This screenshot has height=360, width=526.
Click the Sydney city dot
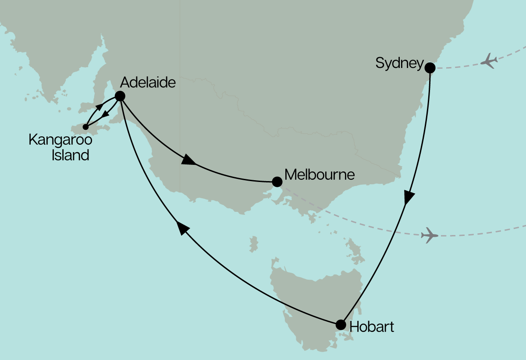coord(430,68)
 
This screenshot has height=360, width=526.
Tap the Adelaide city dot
coord(120,96)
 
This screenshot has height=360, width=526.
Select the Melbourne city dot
coord(277,182)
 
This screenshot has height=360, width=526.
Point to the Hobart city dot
coord(341,325)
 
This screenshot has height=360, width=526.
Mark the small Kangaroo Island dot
coord(85,127)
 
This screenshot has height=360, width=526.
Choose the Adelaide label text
coord(148,82)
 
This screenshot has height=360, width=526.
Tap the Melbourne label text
coord(319,175)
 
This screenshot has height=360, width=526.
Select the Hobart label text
coord(371,327)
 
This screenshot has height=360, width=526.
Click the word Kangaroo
coord(60,141)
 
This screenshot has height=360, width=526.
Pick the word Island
coord(70,155)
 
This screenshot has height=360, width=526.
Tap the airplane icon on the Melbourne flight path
coord(430,235)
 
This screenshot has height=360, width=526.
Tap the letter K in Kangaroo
coord(32,140)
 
